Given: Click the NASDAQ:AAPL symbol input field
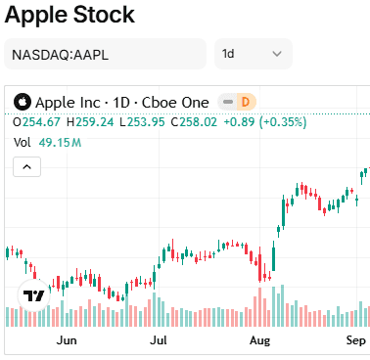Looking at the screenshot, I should pos(106,54).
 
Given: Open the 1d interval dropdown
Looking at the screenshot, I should pos(253,54).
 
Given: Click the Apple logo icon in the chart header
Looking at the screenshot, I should pos(23,102).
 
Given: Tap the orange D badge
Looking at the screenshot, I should pos(246,102).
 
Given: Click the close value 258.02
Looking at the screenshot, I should pos(192,122).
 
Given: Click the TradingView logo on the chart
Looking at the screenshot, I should pos(33,293).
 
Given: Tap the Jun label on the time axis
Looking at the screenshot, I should pos(67,341).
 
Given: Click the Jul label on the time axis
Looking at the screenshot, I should pos(158,341).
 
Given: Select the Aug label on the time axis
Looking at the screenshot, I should pos(259,341).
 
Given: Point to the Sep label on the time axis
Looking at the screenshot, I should pos(355,341).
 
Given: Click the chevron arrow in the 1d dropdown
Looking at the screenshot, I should pos(276,54).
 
